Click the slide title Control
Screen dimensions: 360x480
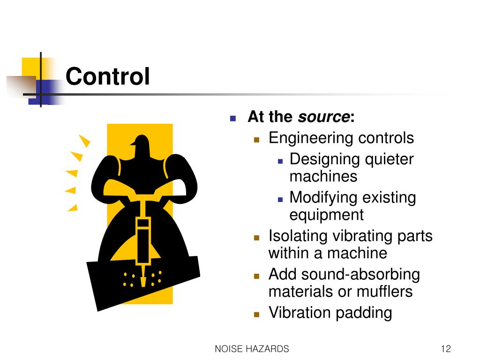click(x=108, y=76)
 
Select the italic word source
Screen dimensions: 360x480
click(x=324, y=117)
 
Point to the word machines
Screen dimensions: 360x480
click(x=323, y=177)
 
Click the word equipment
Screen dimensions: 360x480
click(x=326, y=215)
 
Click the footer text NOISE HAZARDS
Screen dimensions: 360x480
click(x=252, y=349)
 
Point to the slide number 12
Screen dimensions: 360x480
click(x=445, y=349)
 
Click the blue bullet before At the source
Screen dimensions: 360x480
click(x=233, y=118)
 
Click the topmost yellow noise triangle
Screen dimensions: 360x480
click(x=84, y=140)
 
